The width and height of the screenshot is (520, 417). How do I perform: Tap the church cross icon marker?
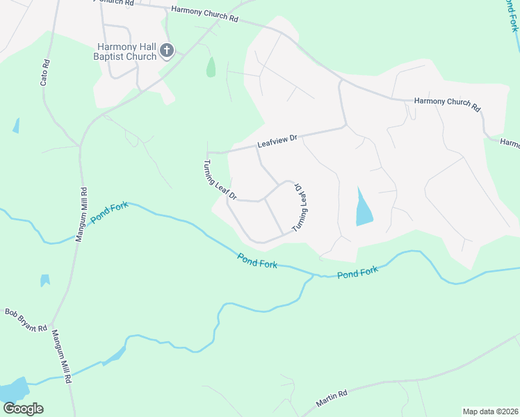click(167, 50)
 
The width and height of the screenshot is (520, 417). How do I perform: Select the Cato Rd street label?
click(45, 72)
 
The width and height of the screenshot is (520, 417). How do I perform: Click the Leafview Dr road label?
click(277, 141)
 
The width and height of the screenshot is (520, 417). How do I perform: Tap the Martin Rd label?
click(331, 399)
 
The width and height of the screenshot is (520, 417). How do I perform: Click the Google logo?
click(23, 409)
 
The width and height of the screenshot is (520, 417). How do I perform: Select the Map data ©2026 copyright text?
click(490, 411)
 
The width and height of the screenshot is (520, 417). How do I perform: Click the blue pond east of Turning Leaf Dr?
click(364, 208)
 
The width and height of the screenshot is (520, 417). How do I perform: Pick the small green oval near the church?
click(211, 67)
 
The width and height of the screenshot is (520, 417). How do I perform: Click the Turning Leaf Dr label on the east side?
click(300, 208)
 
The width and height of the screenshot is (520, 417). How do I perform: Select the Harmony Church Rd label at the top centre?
click(204, 15)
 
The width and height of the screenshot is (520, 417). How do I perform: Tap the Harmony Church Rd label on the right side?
click(447, 104)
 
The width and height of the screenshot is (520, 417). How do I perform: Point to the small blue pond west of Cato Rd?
click(15, 126)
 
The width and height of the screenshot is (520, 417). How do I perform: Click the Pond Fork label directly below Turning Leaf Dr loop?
click(257, 261)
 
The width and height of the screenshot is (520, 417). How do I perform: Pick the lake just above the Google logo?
click(14, 389)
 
